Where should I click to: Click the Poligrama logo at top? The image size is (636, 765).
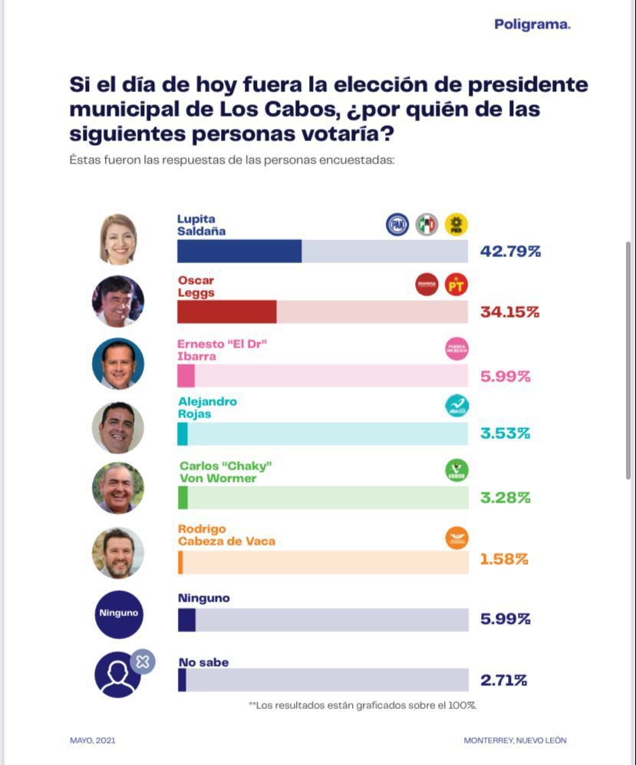(532, 25)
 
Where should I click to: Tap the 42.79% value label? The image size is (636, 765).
(510, 251)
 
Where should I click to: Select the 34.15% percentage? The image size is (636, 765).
(509, 312)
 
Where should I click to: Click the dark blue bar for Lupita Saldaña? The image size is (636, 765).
(239, 251)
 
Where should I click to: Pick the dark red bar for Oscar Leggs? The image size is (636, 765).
(226, 312)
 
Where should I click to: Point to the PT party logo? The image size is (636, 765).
(456, 285)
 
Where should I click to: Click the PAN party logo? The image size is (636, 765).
(397, 224)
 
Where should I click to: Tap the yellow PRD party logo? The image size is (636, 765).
(456, 224)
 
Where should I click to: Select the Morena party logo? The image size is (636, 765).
(427, 285)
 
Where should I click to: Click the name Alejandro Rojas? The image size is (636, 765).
(207, 407)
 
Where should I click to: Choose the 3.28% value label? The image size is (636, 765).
(505, 497)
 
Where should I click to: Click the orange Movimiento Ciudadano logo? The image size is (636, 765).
(456, 538)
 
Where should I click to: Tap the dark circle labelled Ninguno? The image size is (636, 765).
(119, 614)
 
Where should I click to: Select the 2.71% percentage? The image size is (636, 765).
(503, 680)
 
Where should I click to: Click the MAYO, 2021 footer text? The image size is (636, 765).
(92, 740)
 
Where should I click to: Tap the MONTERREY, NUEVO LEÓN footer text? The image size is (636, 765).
(515, 740)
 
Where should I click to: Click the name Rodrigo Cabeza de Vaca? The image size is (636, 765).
(226, 535)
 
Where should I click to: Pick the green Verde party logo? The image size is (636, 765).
(456, 470)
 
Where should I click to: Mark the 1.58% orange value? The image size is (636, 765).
(504, 559)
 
